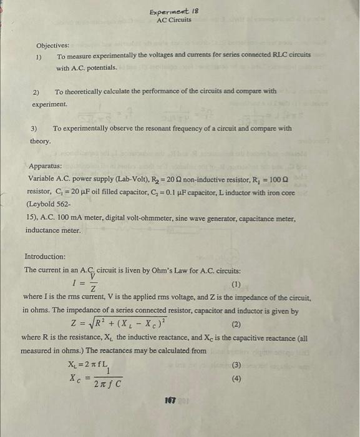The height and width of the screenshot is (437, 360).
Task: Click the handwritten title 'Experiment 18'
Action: [174, 11]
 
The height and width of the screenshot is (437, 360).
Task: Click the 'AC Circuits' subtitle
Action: [174, 20]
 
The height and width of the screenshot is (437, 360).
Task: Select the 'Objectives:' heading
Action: [53, 46]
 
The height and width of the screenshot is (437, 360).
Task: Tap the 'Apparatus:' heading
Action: [46, 167]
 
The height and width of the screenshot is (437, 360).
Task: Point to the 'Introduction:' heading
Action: [45, 257]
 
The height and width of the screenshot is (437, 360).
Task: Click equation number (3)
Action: [236, 365]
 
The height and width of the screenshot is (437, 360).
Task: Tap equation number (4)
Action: [236, 378]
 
